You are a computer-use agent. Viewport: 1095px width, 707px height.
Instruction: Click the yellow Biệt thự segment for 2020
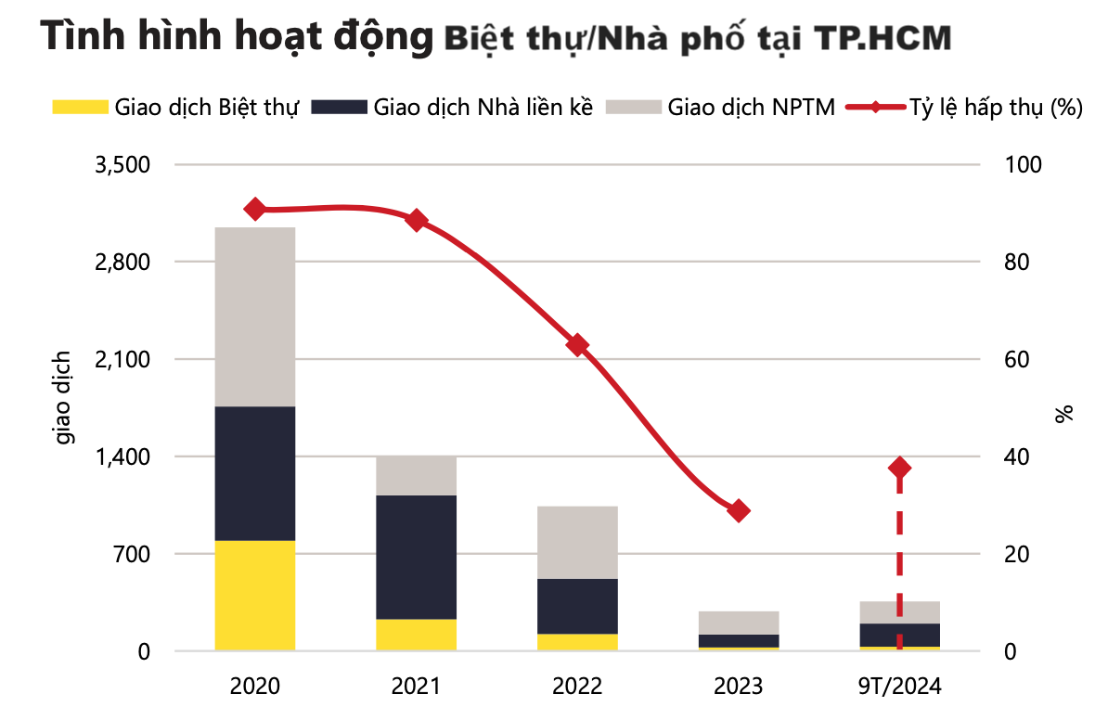click(254, 595)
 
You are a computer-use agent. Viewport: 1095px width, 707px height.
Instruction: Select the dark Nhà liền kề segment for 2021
click(416, 557)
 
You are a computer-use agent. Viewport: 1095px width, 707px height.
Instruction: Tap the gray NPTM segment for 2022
click(577, 542)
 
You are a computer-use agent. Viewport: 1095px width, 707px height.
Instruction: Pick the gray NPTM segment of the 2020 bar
click(254, 316)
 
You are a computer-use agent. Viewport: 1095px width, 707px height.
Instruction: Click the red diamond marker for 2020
click(254, 210)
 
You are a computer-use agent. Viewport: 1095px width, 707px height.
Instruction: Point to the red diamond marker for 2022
click(577, 345)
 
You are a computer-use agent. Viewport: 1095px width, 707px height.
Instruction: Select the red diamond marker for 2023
click(739, 510)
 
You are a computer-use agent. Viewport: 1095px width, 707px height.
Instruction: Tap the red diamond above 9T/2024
click(899, 468)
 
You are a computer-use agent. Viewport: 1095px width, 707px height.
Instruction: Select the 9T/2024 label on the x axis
click(899, 687)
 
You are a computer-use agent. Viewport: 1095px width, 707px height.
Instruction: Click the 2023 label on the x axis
click(739, 687)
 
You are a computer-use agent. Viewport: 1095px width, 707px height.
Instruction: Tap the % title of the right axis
click(1063, 413)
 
